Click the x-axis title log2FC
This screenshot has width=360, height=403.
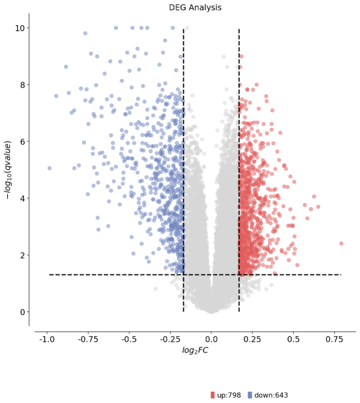click(195, 351)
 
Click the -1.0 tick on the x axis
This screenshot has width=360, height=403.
click(47, 340)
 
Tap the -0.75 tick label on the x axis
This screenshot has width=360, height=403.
click(88, 340)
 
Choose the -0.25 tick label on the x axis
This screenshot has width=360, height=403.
click(170, 340)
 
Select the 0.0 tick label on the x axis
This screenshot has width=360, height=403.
click(211, 340)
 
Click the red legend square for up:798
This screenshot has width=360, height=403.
click(213, 395)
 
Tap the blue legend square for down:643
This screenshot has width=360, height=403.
click(250, 395)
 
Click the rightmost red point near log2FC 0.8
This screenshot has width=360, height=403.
click(341, 243)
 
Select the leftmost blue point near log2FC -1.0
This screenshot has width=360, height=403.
click(49, 168)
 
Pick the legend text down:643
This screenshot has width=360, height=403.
click(271, 395)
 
